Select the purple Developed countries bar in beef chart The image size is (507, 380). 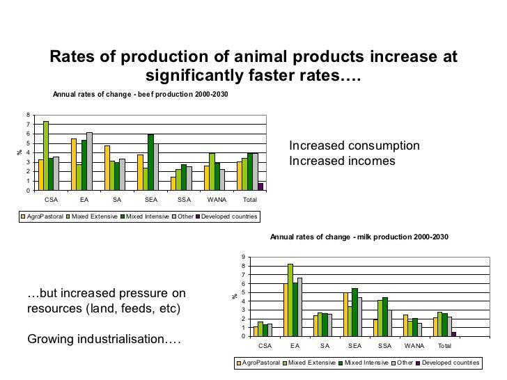[x=260, y=187]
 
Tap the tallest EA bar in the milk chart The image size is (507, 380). [x=290, y=300]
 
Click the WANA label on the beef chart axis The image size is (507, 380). [x=218, y=200]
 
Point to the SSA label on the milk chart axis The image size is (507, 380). [x=384, y=346]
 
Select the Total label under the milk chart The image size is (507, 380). [x=444, y=346]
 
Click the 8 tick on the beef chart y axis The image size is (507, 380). [x=28, y=115]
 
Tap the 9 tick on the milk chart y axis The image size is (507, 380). [x=243, y=258]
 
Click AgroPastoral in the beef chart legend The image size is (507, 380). [x=43, y=216]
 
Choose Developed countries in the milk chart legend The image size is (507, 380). [x=452, y=363]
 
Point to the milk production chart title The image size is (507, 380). [x=359, y=237]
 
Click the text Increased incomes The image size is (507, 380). [x=342, y=161]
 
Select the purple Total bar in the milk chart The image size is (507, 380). [x=454, y=334]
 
